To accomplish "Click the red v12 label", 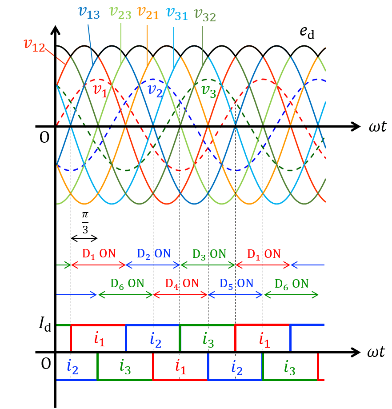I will (x=34, y=44).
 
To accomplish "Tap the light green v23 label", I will (x=120, y=13).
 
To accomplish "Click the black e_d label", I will (x=307, y=33).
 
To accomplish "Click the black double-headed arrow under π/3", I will (x=84, y=238).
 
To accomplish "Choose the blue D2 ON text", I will (x=152, y=254).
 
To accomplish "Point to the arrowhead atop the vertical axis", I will (x=55, y=30).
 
